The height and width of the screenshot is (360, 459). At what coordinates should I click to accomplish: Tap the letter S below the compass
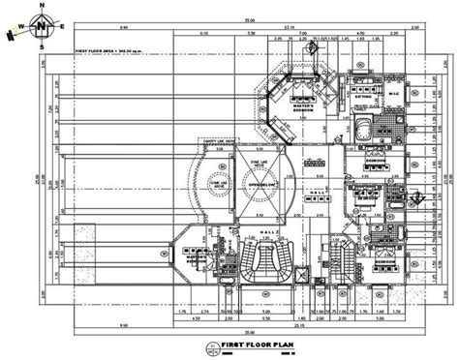[x=42, y=45]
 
